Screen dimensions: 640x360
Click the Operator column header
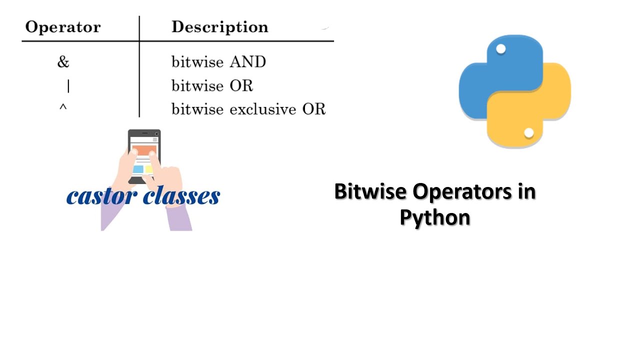click(63, 27)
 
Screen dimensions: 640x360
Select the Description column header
click(219, 27)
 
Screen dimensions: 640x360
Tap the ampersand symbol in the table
click(63, 61)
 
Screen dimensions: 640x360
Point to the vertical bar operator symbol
click(68, 86)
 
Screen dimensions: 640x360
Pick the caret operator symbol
click(63, 107)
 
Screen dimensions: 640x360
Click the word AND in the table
click(248, 61)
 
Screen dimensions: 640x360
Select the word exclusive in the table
click(263, 109)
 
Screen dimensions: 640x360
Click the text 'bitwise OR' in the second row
click(212, 85)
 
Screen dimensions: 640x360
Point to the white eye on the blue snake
click(501, 49)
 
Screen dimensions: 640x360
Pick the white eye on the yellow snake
click(529, 133)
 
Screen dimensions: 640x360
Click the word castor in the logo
click(102, 196)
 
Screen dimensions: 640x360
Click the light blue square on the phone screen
click(138, 169)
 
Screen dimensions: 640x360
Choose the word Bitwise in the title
click(370, 191)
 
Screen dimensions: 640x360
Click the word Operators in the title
click(461, 192)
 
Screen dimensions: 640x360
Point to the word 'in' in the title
click(527, 191)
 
